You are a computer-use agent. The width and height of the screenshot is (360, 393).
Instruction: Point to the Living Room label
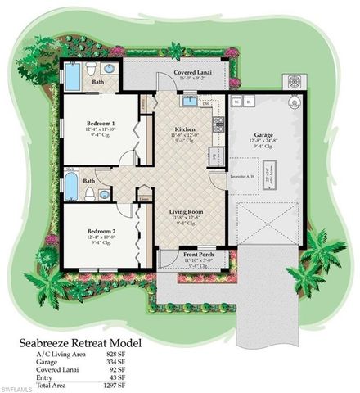187,211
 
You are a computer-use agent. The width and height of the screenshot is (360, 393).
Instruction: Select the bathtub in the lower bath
70,186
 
